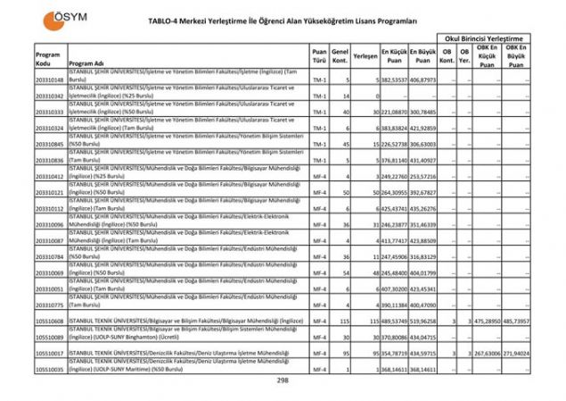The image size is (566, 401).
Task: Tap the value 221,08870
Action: click(394, 113)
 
